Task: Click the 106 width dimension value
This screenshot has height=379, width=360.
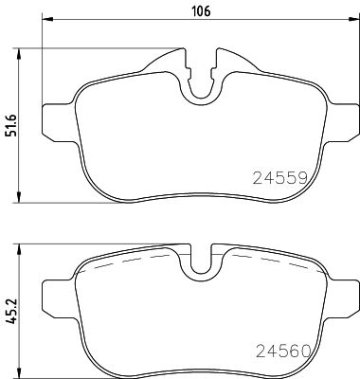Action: click(200, 12)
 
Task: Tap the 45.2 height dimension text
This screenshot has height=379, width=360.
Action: click(11, 312)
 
